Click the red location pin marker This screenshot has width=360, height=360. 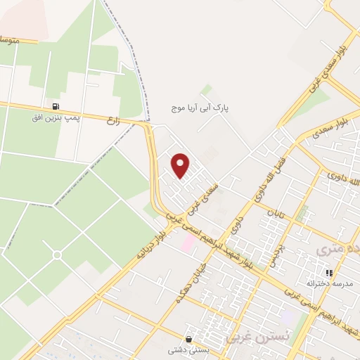pyautogui.click(x=181, y=165)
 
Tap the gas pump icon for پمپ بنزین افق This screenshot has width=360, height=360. pyautogui.click(x=56, y=107)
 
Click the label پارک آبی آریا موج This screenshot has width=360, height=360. pyautogui.click(x=202, y=109)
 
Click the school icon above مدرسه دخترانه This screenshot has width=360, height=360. pyautogui.click(x=328, y=273)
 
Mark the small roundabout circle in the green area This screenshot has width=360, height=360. pyautogui.click(x=57, y=254)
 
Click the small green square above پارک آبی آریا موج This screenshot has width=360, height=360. pyautogui.click(x=206, y=90)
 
